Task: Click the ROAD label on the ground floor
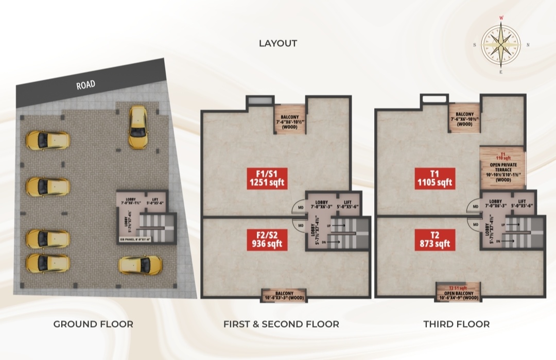point(85,85)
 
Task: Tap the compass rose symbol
point(501,45)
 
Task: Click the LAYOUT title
point(277,43)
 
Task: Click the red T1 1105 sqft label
point(434,178)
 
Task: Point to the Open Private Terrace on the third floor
point(502,168)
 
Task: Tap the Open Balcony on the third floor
point(458,292)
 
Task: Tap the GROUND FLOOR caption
point(93,324)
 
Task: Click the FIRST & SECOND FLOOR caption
point(281,324)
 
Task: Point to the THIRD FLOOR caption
point(456,324)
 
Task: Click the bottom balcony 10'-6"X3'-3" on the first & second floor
point(284,295)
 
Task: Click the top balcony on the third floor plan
point(464,117)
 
